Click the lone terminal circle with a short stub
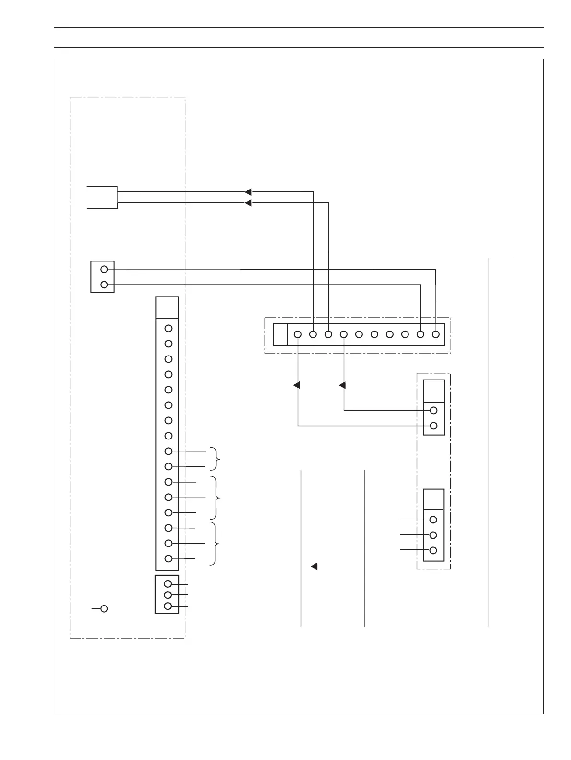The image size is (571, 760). (104, 608)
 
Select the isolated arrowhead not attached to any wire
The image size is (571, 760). (315, 566)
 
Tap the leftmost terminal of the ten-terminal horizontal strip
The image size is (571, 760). (298, 334)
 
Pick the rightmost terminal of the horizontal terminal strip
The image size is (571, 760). (435, 334)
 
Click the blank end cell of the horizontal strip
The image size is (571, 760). (280, 334)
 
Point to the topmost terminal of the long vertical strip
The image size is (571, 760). (168, 329)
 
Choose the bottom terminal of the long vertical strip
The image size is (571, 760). (168, 558)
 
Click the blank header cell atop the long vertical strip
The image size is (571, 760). (167, 308)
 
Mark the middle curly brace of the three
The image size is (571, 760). (218, 497)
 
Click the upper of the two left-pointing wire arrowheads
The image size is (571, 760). (248, 192)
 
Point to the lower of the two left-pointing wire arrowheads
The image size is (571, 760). (248, 203)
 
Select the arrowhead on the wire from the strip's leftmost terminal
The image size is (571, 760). (297, 385)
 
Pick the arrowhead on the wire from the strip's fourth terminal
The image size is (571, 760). (343, 385)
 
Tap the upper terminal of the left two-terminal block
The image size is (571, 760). (104, 269)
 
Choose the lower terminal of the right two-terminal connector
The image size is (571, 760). (433, 426)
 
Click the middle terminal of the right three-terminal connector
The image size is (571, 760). (433, 535)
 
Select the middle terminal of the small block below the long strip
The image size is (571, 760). (168, 595)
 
